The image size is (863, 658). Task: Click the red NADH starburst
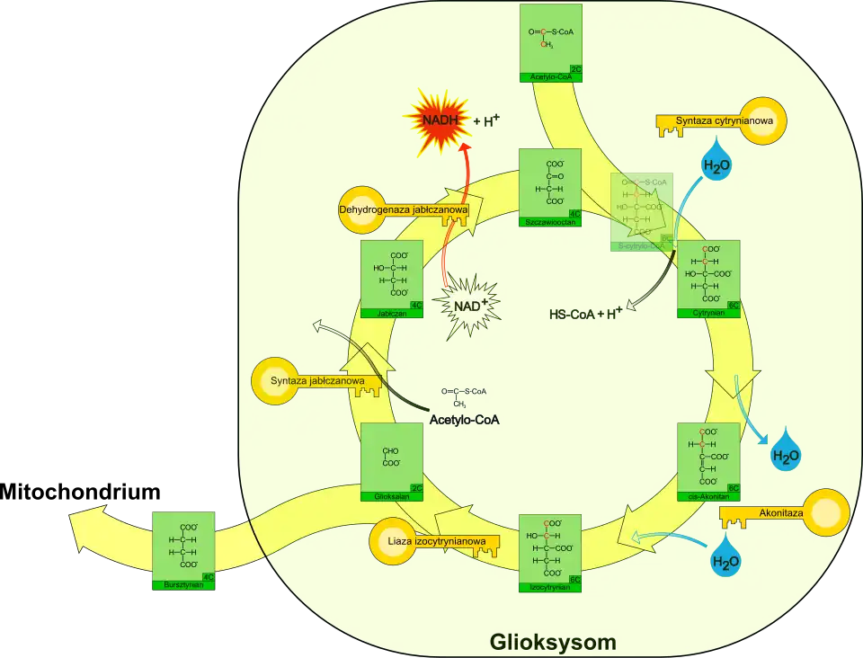[x=434, y=120]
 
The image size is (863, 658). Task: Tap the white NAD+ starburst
[x=469, y=305]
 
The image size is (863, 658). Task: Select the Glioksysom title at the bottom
[x=553, y=642]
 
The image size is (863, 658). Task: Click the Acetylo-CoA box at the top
[x=550, y=43]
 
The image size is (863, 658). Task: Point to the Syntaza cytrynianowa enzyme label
[x=719, y=121]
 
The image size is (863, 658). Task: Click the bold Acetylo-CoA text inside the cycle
[x=464, y=420]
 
